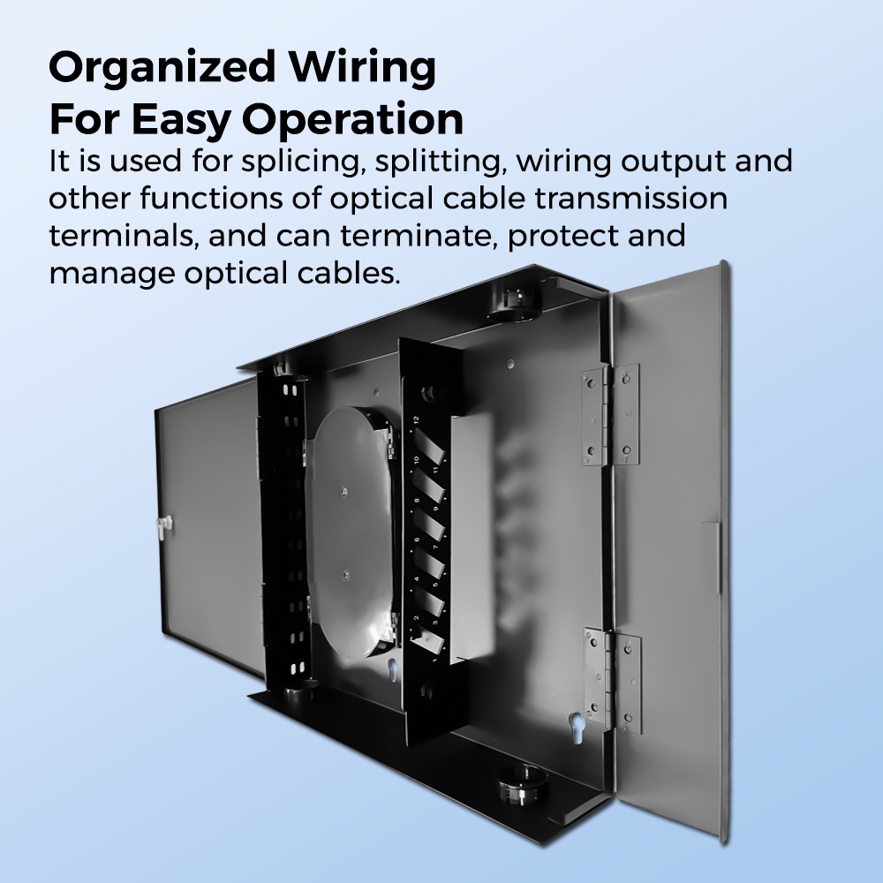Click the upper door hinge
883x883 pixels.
point(609,416)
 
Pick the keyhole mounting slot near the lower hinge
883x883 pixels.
point(576,721)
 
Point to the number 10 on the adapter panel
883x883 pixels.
point(414,459)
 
